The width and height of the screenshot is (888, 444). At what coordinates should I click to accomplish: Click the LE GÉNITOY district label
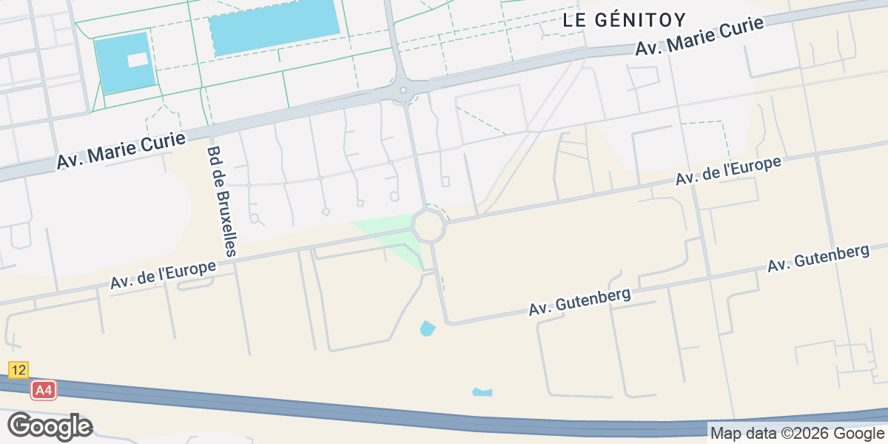[x=625, y=20]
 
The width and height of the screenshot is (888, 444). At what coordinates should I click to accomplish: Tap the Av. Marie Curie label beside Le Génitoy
[x=699, y=36]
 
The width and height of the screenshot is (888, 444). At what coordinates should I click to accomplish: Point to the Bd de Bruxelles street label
[x=221, y=201]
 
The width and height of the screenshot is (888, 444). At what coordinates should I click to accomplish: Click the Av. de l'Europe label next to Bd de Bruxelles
[x=163, y=275]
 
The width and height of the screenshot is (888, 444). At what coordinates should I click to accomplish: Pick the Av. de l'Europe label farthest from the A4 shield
[x=728, y=171]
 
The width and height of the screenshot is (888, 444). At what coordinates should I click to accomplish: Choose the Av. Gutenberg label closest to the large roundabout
[x=579, y=302]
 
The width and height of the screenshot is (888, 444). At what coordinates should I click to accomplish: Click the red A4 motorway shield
[x=44, y=390]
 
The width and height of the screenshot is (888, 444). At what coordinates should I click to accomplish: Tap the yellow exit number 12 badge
[x=18, y=369]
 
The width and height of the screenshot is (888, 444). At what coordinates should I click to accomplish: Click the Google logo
[x=50, y=426]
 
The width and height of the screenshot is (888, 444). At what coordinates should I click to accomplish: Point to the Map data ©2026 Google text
[x=797, y=434]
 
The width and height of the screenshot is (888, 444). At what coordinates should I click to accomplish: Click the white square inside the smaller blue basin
[x=138, y=60]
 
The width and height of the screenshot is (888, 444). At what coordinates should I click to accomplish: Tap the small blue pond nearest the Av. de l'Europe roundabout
[x=427, y=328]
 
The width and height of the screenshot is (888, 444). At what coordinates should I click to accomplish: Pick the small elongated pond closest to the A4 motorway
[x=482, y=392]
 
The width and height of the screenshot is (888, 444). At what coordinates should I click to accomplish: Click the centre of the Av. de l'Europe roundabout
[x=429, y=225]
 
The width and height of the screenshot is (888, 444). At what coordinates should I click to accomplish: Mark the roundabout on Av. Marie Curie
[x=403, y=92]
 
